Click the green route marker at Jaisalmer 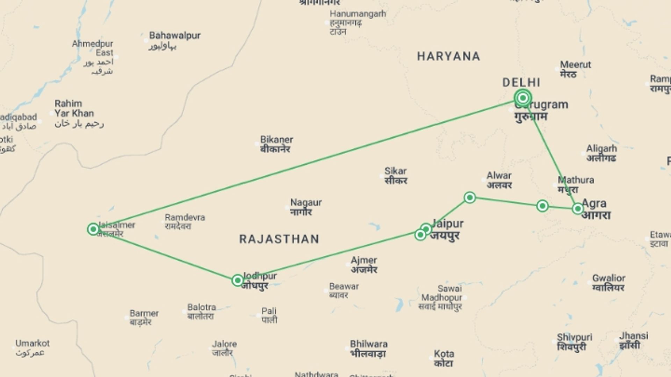(x=93, y=229)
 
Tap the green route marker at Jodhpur (x=238, y=280)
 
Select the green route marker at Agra (x=578, y=209)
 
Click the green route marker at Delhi (x=523, y=98)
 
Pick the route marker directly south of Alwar (x=470, y=198)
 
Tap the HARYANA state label (x=448, y=56)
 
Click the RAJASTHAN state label (x=279, y=239)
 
